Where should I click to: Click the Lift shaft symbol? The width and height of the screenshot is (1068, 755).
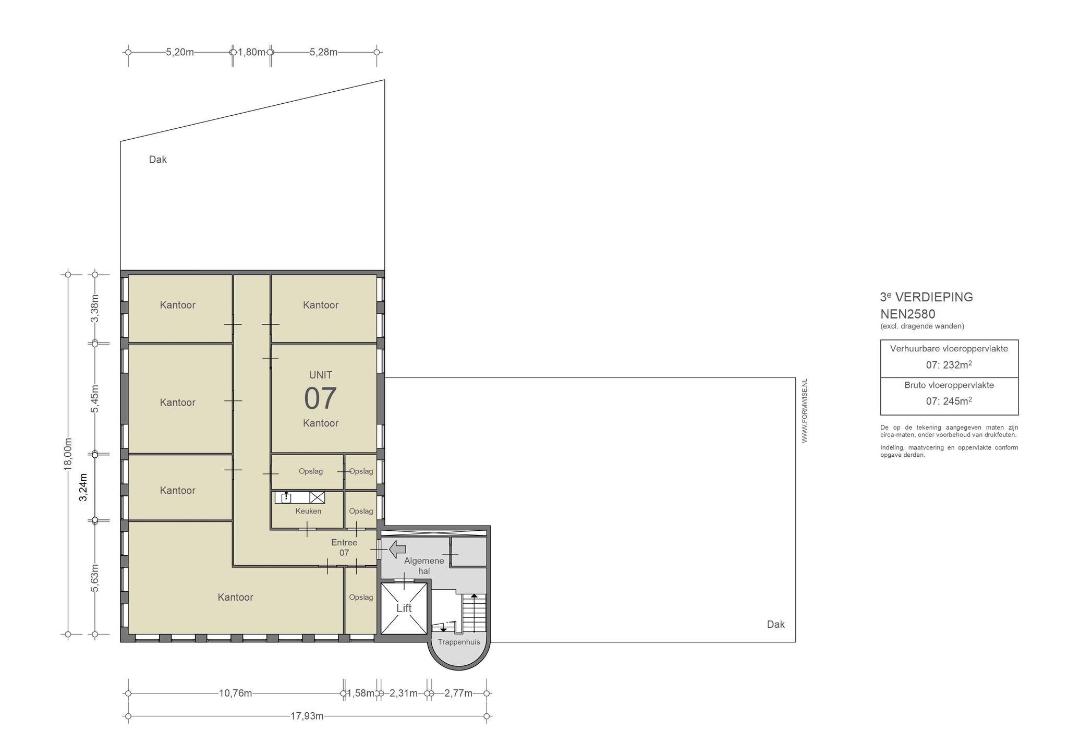[x=404, y=608]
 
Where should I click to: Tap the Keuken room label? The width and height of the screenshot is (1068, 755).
[x=308, y=511]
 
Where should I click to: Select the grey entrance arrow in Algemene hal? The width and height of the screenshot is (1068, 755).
[x=398, y=549]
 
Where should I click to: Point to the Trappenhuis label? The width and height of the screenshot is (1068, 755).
[x=459, y=642]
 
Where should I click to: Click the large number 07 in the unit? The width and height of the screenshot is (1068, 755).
[x=320, y=398]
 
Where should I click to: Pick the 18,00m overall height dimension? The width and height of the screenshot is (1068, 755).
[x=68, y=454]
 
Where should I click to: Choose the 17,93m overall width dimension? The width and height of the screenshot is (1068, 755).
[x=307, y=716]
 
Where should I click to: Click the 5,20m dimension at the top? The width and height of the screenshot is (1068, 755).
[x=180, y=52]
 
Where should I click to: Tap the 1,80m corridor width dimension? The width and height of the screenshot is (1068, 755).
[x=251, y=52]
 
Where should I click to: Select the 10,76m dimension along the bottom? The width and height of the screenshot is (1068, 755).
[x=235, y=693]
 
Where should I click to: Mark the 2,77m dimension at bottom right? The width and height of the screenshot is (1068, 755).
[x=458, y=693]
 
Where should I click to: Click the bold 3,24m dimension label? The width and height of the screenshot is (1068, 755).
[x=83, y=487]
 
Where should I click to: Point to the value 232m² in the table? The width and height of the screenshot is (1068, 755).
[x=957, y=364]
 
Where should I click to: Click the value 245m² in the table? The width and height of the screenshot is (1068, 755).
[x=957, y=401]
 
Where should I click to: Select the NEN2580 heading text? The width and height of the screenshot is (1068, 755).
[x=908, y=314]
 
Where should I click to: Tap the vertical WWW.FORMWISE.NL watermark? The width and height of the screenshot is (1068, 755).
[x=804, y=411]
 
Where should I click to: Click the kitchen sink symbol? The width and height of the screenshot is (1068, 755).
[x=286, y=497]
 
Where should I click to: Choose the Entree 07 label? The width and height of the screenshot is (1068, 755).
[x=344, y=547]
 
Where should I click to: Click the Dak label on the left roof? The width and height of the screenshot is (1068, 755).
[x=157, y=160]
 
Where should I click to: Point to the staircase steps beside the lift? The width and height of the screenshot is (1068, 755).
[x=474, y=614]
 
